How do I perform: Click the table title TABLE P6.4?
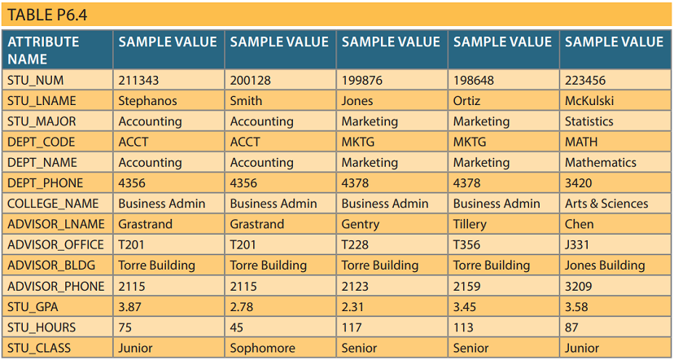click(x=47, y=15)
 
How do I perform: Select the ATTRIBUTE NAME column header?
click(x=43, y=50)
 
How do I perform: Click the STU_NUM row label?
click(x=35, y=81)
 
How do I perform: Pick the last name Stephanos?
click(x=147, y=101)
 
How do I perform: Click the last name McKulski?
click(x=589, y=101)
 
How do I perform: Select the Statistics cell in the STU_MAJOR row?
click(x=589, y=121)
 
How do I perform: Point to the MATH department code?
click(x=581, y=142)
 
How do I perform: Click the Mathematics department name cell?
click(x=600, y=162)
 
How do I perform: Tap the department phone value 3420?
click(x=579, y=183)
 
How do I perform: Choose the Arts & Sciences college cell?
click(x=606, y=204)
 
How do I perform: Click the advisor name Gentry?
click(x=361, y=224)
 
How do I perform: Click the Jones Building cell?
click(x=604, y=266)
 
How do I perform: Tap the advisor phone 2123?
click(x=355, y=286)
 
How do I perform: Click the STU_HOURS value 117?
click(x=352, y=327)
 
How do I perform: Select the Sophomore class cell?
click(x=262, y=348)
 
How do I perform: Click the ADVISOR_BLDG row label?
click(x=50, y=266)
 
